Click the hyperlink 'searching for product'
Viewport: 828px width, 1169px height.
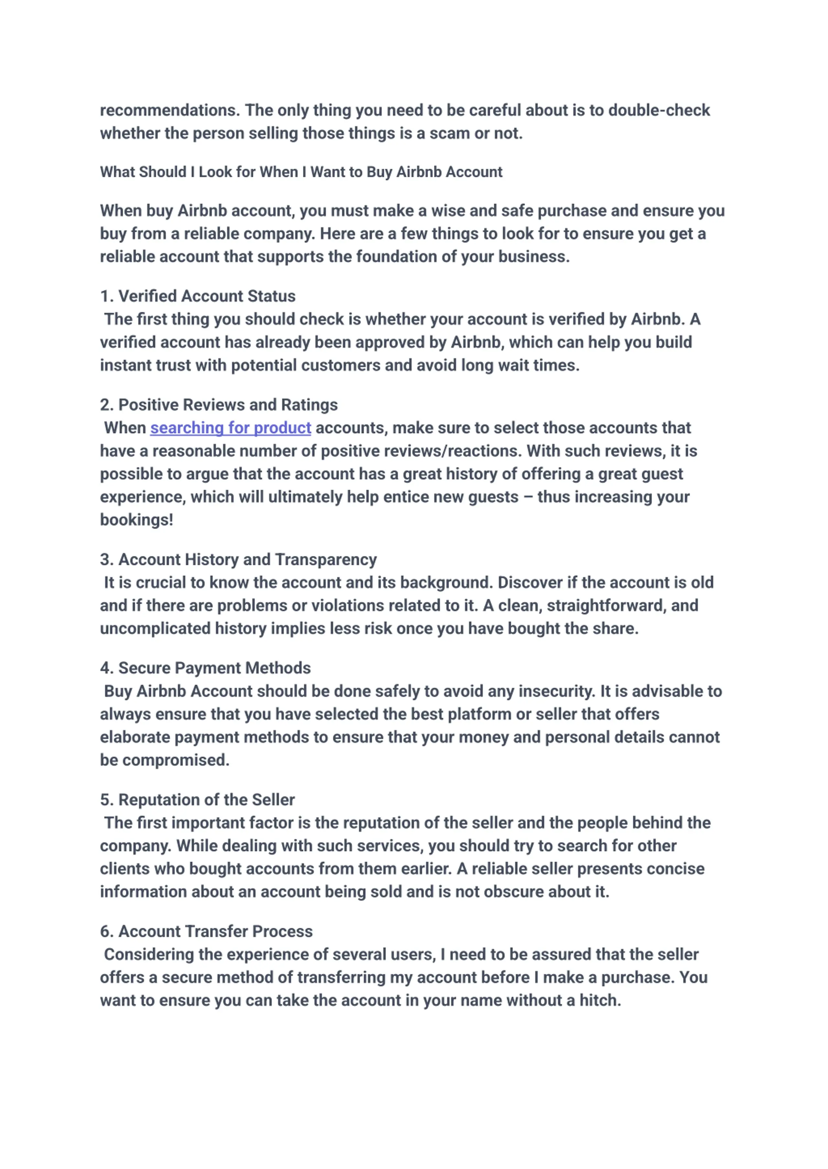231,428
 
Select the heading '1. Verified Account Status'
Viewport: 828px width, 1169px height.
198,296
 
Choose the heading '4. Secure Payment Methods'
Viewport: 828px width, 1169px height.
205,668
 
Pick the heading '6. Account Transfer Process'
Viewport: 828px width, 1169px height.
206,931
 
